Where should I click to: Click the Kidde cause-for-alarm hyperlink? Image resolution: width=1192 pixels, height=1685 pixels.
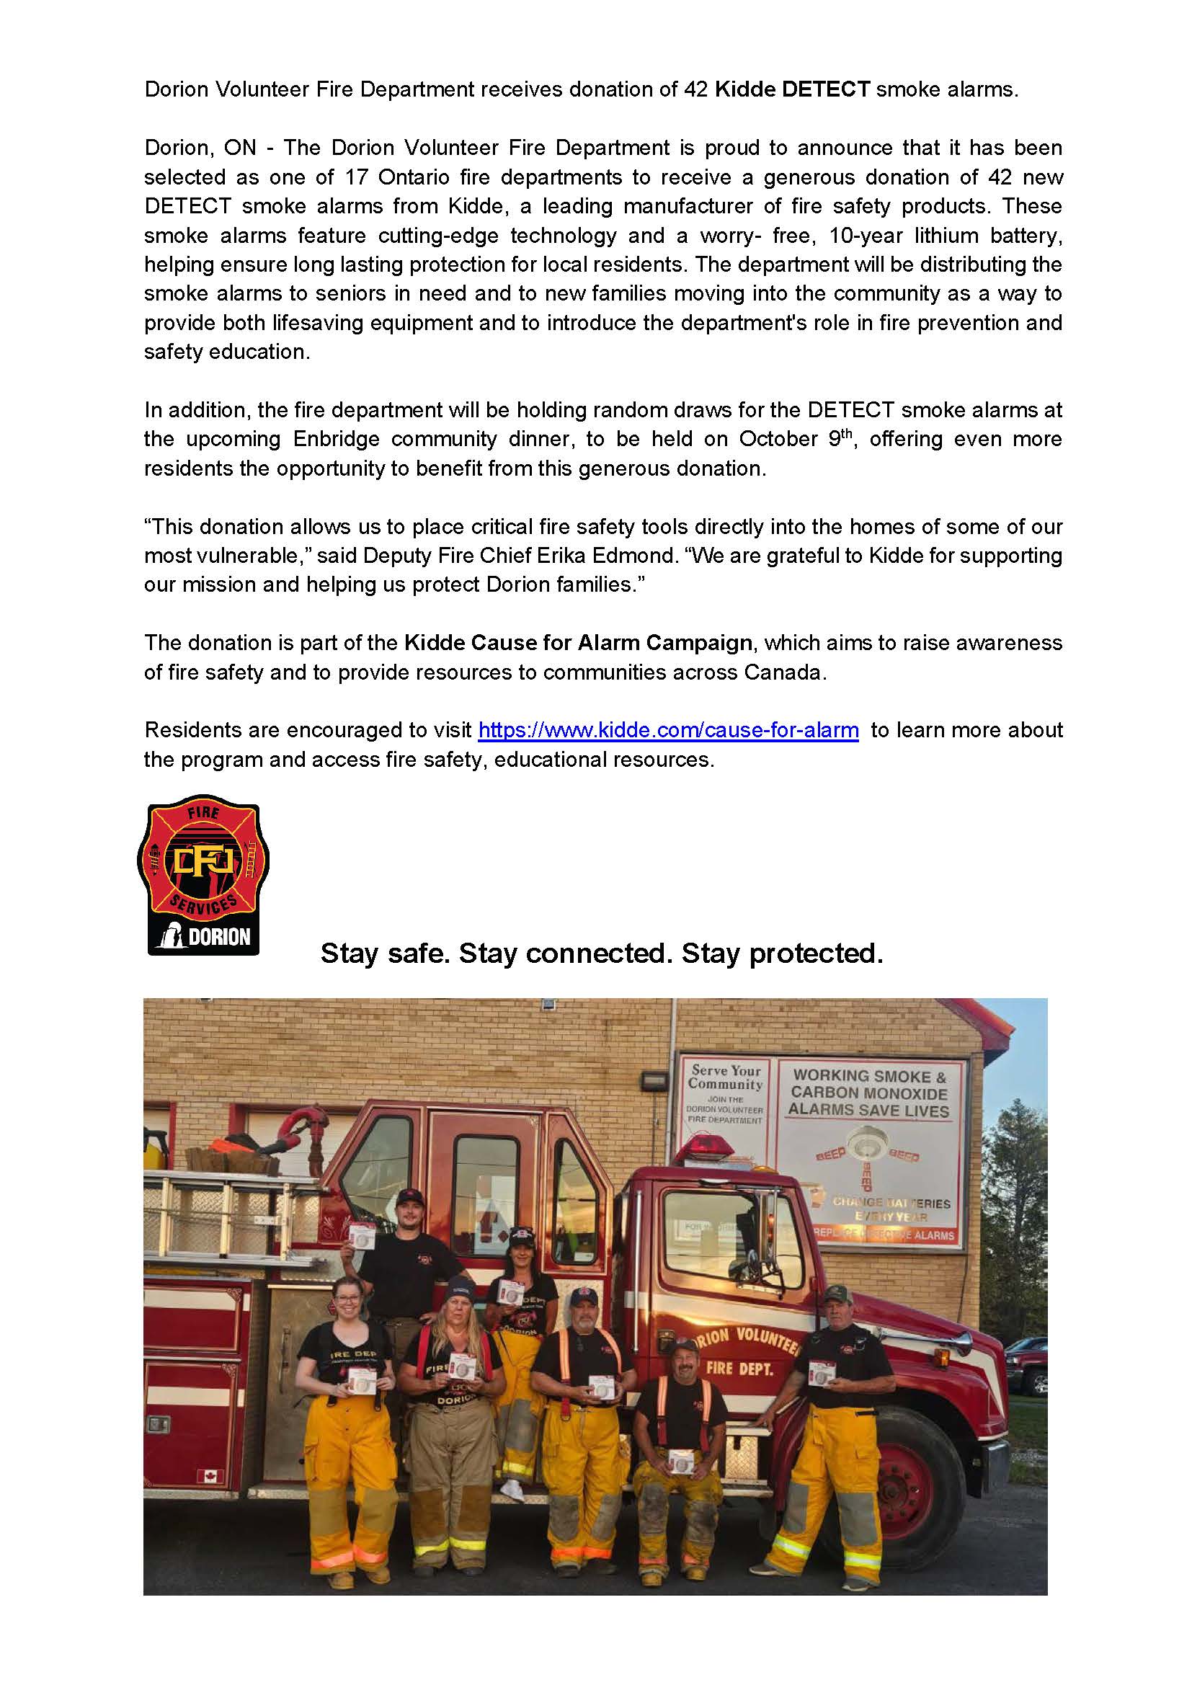click(668, 730)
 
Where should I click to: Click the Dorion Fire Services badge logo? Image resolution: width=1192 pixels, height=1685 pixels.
click(203, 875)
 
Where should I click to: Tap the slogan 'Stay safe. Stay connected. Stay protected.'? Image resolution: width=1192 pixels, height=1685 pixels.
click(602, 953)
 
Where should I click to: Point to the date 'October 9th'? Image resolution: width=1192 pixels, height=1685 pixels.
click(796, 439)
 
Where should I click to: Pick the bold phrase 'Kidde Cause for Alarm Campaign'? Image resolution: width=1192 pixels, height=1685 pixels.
click(579, 643)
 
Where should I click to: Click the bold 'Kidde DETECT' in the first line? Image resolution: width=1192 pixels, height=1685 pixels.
click(792, 89)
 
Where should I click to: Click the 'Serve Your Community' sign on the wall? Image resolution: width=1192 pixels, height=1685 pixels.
click(725, 1093)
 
